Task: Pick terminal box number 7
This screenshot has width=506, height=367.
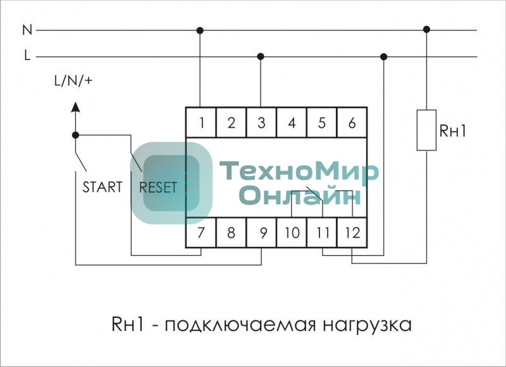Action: click(201, 232)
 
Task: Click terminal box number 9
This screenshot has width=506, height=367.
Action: click(261, 232)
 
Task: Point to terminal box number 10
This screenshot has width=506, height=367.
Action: click(292, 232)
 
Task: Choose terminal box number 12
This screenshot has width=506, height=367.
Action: click(352, 232)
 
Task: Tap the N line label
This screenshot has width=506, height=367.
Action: click(27, 30)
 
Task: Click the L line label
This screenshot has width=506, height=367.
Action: click(27, 56)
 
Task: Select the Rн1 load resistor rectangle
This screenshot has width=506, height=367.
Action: click(426, 130)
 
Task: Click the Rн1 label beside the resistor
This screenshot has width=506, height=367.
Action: click(453, 131)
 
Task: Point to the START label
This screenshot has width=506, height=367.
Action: click(102, 188)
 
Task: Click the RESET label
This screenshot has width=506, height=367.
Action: click(158, 188)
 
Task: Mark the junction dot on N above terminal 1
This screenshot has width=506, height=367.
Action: click(201, 30)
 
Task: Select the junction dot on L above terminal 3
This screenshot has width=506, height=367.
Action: click(261, 56)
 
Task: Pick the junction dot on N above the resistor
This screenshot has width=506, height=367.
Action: click(426, 29)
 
